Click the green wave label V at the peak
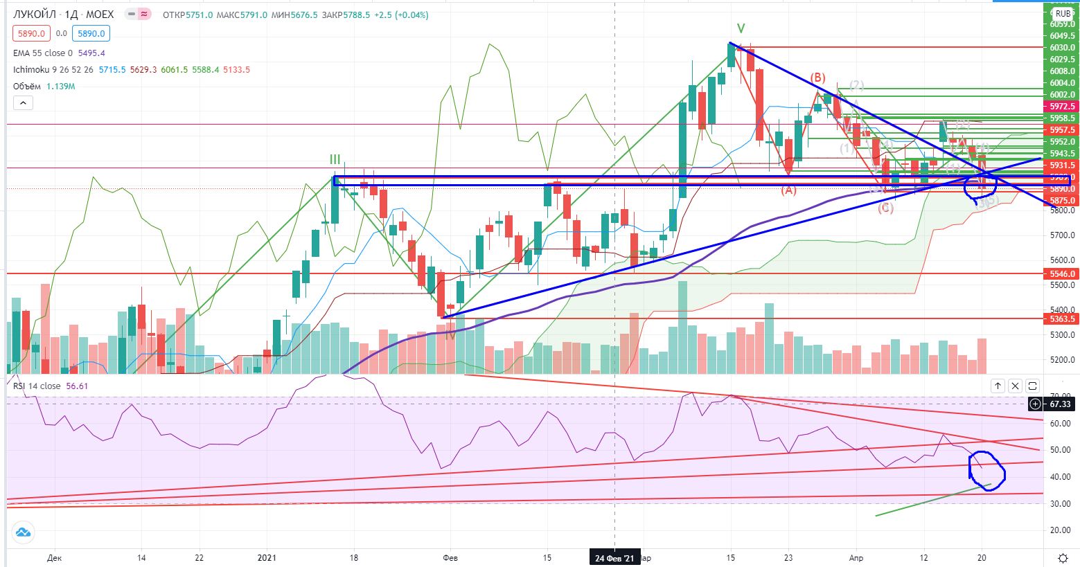click(x=741, y=28)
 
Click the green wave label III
click(x=335, y=160)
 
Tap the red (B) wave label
click(x=817, y=78)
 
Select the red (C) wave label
click(x=885, y=208)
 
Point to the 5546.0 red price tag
click(x=1061, y=274)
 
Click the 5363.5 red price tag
click(x=1061, y=319)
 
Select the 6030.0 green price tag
click(x=1061, y=48)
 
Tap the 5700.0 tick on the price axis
click(x=1061, y=235)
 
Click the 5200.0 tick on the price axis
click(x=1061, y=360)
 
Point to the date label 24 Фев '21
click(x=614, y=558)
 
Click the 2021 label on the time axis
click(x=267, y=558)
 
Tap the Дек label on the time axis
click(x=55, y=558)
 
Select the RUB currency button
click(x=1063, y=14)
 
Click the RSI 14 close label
click(x=37, y=386)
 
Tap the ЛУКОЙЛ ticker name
click(x=35, y=15)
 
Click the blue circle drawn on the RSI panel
click(x=986, y=471)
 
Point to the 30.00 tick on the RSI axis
click(x=1061, y=504)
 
